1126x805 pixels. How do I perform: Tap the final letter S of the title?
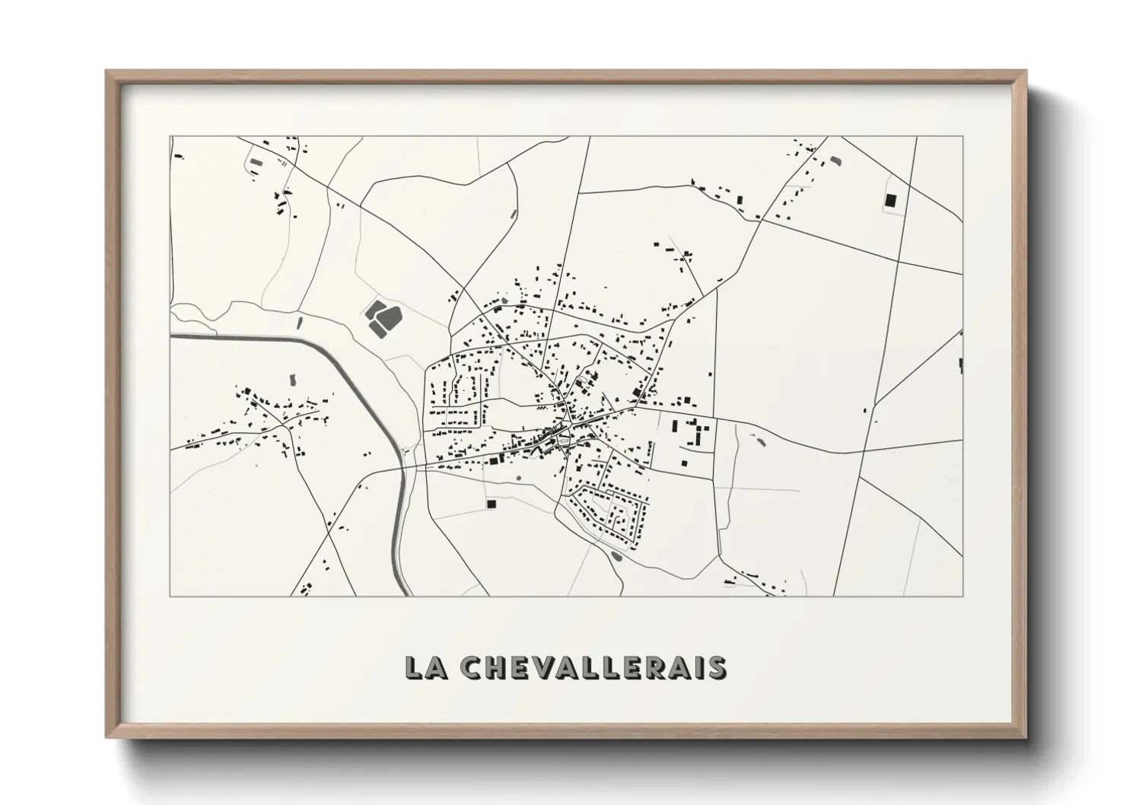click(x=717, y=667)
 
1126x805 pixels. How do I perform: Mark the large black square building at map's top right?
click(x=890, y=201)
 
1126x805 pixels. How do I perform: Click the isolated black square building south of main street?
click(x=491, y=504)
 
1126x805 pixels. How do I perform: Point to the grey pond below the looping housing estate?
click(x=615, y=556)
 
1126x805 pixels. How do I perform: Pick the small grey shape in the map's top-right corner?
click(x=837, y=161)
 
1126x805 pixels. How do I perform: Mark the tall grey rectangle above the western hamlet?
click(x=292, y=378)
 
